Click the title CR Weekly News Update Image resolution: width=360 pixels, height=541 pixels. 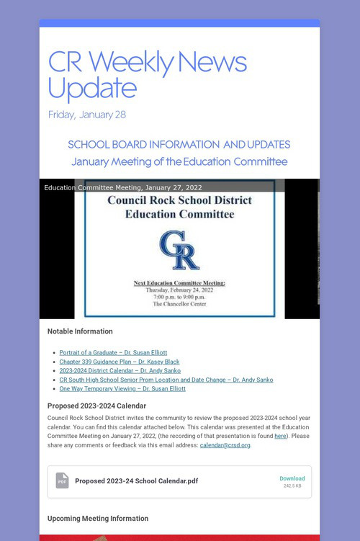click(147, 75)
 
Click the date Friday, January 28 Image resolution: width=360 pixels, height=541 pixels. click(86, 115)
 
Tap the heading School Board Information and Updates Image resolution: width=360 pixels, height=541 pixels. click(179, 144)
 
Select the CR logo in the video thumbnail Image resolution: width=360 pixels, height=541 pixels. click(179, 250)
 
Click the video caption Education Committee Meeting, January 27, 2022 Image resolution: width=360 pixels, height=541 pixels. click(123, 187)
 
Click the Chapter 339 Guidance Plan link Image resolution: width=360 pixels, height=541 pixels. click(120, 362)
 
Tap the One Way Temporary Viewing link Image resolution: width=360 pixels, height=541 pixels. click(122, 388)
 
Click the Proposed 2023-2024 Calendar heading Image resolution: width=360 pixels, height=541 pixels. click(96, 406)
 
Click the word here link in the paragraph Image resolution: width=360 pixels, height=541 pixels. click(280, 436)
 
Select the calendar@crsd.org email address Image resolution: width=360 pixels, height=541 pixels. click(225, 445)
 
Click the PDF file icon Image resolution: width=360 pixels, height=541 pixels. click(62, 480)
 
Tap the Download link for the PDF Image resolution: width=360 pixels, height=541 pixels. click(292, 478)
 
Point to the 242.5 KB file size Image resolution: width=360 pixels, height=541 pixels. click(292, 486)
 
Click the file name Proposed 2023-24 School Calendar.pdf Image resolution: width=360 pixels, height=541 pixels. click(137, 481)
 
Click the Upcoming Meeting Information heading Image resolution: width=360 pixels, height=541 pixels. click(98, 519)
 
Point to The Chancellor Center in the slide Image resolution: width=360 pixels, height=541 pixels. click(179, 304)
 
